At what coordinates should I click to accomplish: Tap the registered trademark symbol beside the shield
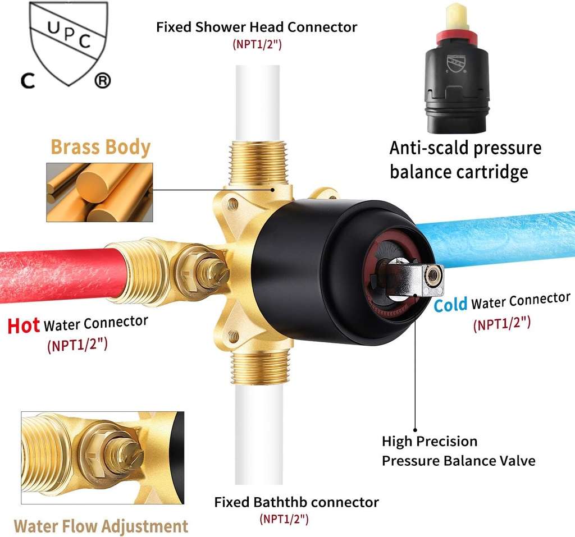pos(102,81)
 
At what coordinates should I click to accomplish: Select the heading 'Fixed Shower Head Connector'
pos(257,26)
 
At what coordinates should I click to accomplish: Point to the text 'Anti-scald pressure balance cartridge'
pos(465,159)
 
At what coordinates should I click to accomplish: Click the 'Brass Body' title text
pos(101,147)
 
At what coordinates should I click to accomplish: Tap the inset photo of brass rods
pos(99,192)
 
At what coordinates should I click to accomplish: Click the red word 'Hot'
pos(24,325)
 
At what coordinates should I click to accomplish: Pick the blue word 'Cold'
pos(450,305)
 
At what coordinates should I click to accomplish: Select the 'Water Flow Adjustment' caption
pos(101,526)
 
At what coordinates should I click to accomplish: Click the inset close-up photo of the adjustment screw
pos(102,458)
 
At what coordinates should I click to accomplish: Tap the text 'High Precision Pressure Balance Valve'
pos(458,451)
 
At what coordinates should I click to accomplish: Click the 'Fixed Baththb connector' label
pos(296,502)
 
